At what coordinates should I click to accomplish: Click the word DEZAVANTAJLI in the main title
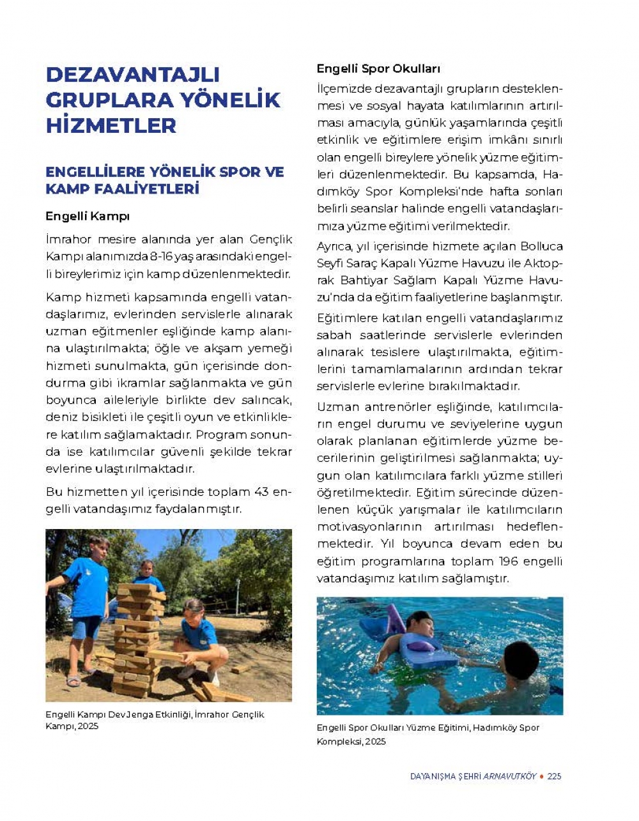point(133,74)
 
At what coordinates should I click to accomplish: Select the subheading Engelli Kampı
point(88,216)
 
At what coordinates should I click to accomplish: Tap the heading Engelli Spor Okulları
point(378,68)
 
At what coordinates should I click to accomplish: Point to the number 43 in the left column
point(261,492)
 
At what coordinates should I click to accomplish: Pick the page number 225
point(554,776)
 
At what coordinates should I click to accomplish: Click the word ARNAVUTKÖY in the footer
point(509,776)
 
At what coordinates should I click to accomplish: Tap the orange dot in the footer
point(542,776)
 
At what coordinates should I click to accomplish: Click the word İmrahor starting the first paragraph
point(68,239)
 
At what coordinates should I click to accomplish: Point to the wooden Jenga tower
point(136,639)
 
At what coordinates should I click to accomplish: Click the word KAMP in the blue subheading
point(68,189)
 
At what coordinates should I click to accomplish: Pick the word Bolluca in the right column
point(542,246)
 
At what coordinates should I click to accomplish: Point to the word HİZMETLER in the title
point(111,125)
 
